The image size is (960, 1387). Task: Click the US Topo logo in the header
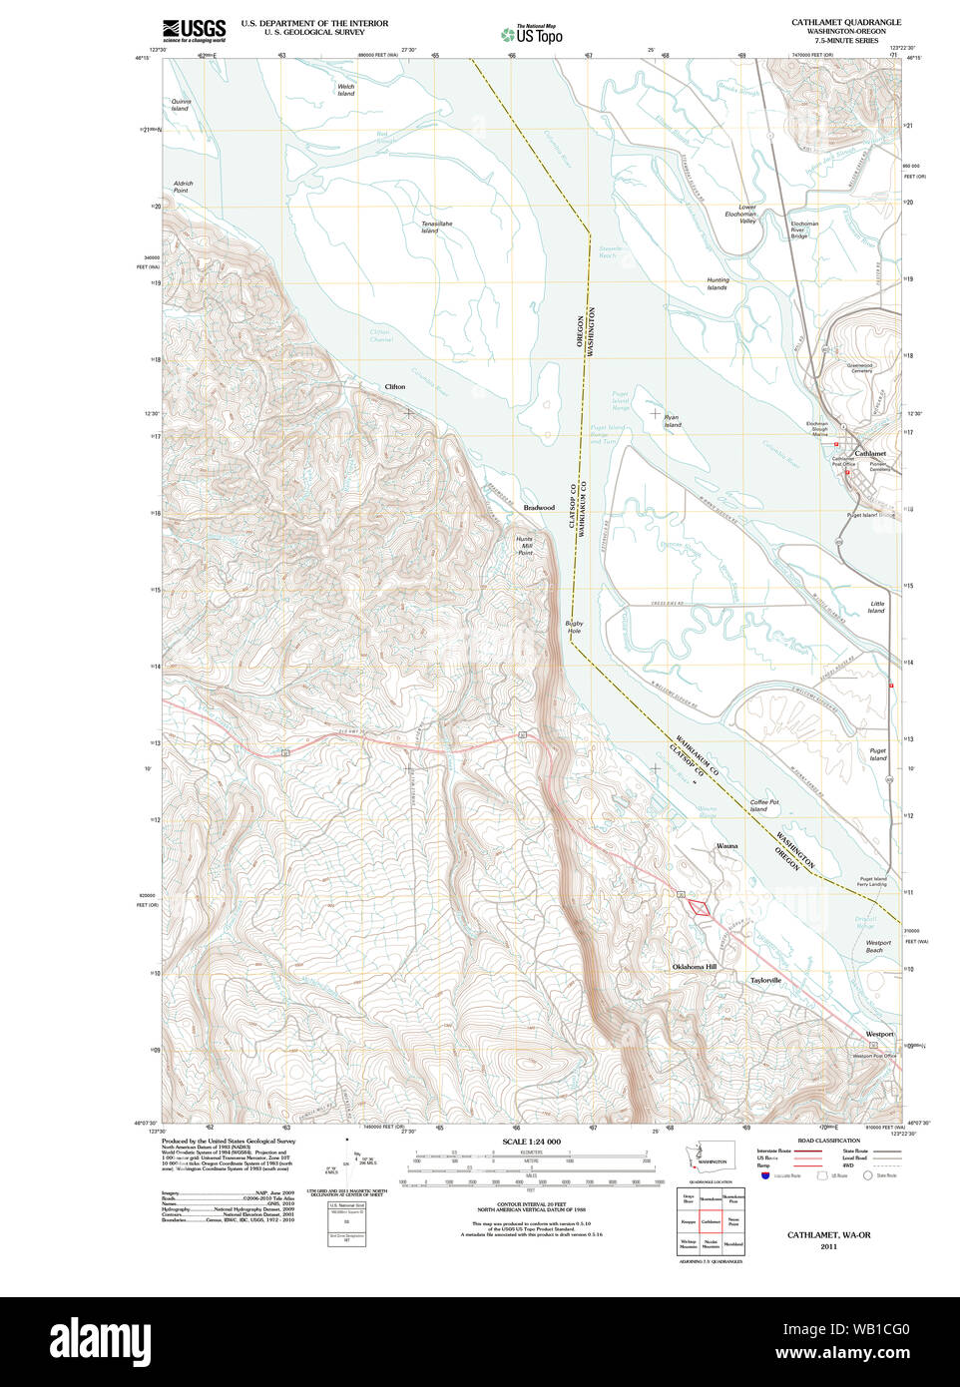pos(532,35)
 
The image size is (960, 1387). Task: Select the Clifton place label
pos(395,386)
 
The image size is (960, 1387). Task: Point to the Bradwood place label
pos(539,508)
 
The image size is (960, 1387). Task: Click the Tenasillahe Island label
pos(436,228)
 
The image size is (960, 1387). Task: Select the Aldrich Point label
pos(183,187)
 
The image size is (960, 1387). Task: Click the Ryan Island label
pos(673,421)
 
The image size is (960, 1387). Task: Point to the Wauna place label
pos(727,845)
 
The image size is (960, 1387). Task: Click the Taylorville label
pos(765,980)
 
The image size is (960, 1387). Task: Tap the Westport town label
pos(879,1034)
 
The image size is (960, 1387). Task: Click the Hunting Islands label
pos(718,283)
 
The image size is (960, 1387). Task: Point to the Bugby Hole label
pos(574,627)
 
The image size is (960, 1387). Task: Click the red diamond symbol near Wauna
pos(701,907)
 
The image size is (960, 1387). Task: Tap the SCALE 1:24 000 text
pos(531,1142)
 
